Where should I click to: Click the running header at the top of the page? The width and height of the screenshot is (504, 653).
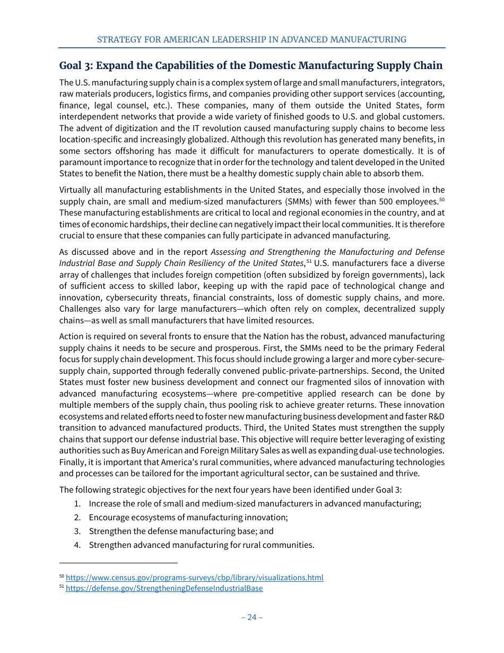pos(252,40)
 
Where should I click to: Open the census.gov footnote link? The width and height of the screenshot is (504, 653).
pos(194,578)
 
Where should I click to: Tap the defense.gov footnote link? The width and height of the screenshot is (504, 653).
pos(164,588)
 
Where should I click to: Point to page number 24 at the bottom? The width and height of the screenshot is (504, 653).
pos(252,617)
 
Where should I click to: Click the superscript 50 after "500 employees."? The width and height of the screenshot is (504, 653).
pos(441,199)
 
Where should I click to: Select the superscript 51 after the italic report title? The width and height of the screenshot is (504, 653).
pos(309,261)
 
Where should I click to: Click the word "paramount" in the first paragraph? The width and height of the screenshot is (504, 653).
pos(79,162)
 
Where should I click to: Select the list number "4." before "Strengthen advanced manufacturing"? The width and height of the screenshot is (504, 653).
pos(77,545)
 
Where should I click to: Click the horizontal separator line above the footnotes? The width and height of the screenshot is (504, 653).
pos(118,562)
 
